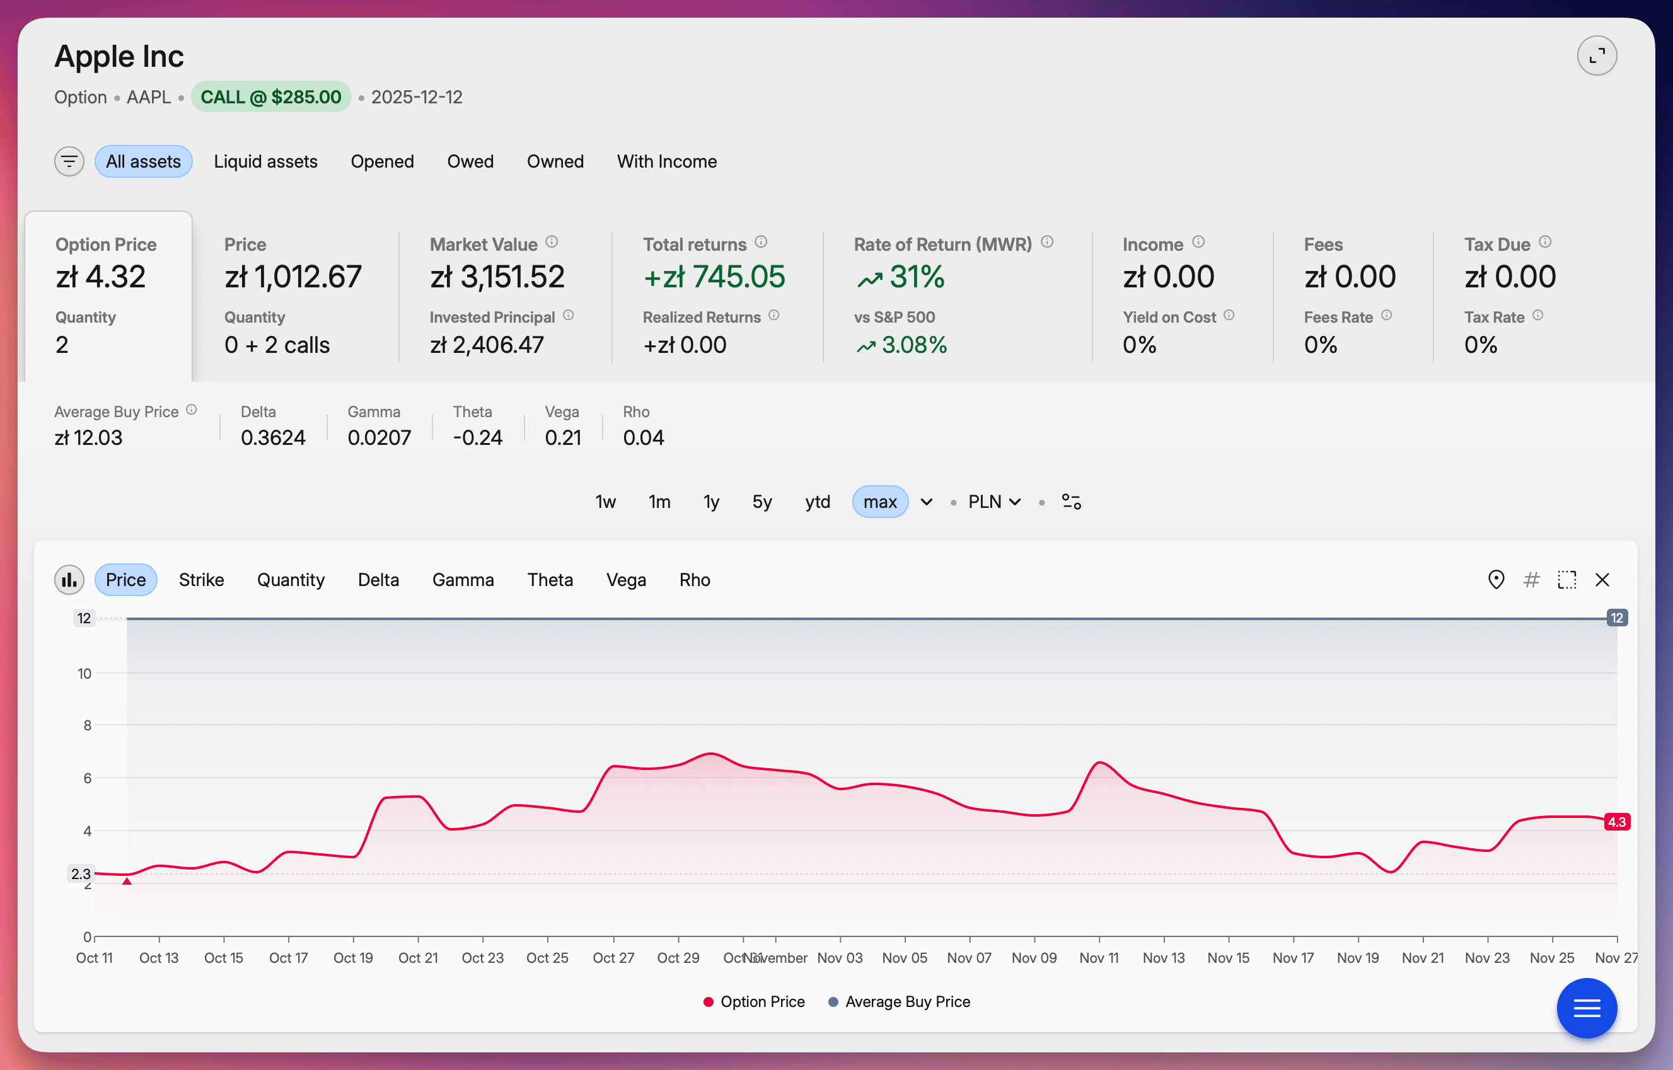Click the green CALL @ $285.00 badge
point(270,96)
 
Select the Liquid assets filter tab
point(265,161)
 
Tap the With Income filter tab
point(666,161)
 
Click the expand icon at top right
point(1596,55)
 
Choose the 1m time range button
point(658,501)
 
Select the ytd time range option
point(817,501)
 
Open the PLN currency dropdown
point(993,501)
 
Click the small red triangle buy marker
point(127,880)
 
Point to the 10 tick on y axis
point(84,672)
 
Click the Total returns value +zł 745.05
point(714,277)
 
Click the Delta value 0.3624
point(272,437)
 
